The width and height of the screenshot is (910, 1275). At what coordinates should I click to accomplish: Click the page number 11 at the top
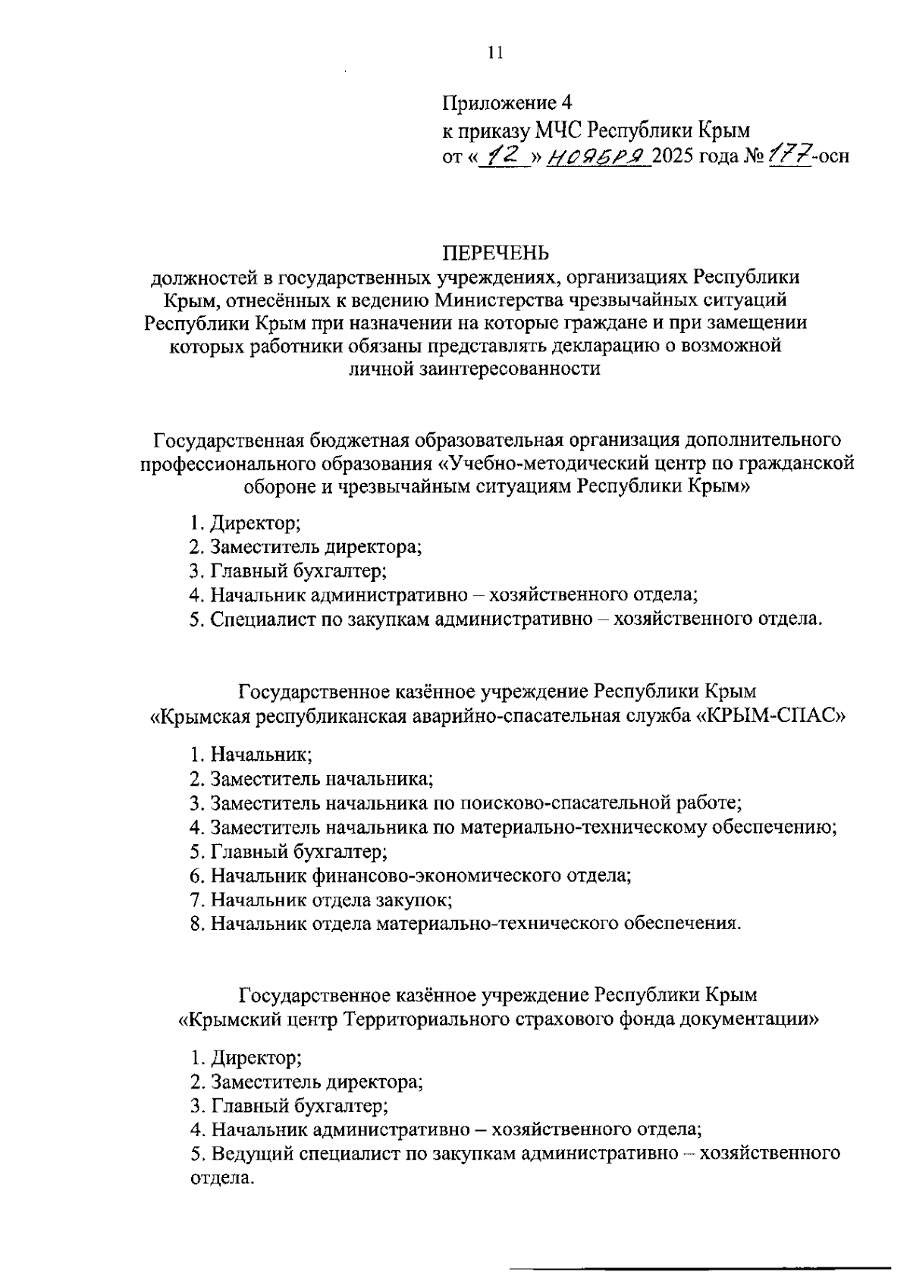tap(495, 52)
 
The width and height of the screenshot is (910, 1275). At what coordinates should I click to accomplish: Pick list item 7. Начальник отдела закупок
tap(322, 900)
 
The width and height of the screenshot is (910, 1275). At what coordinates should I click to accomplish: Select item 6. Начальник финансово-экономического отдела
tap(410, 876)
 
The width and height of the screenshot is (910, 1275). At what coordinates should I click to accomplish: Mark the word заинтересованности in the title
tap(474, 369)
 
